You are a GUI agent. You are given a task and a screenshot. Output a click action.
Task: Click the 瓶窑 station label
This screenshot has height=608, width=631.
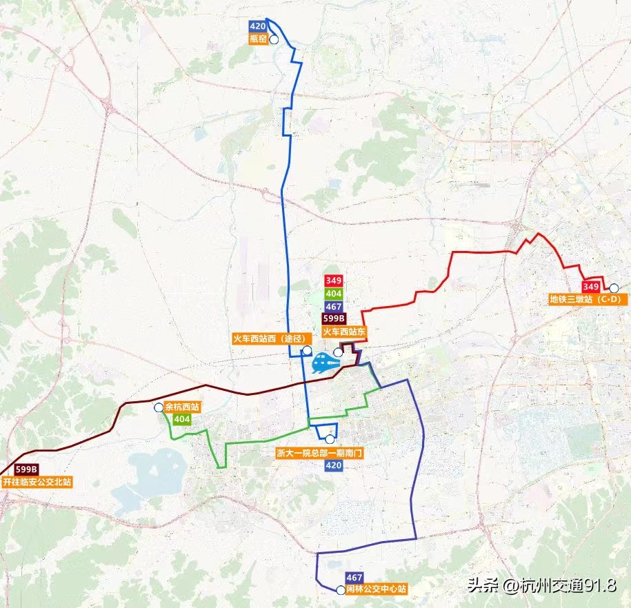[259, 40]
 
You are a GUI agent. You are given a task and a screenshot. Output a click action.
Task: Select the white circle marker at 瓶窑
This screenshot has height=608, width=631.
[274, 40]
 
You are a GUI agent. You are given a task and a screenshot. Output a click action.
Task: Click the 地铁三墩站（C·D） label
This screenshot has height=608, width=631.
[585, 299]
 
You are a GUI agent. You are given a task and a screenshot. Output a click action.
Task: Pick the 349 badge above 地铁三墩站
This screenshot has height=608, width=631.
[590, 287]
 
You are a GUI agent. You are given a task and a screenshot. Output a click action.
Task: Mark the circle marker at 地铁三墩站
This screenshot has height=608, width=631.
[613, 287]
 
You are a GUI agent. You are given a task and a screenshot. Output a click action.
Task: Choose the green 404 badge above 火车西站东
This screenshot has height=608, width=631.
[334, 294]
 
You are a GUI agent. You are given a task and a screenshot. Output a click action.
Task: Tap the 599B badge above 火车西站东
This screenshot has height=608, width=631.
[334, 318]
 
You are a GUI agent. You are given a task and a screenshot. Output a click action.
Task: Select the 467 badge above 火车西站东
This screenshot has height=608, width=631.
[334, 306]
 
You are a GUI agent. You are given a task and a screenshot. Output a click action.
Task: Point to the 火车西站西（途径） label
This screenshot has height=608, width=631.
[268, 338]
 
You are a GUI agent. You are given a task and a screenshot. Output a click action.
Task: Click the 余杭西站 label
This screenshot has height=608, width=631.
[182, 407]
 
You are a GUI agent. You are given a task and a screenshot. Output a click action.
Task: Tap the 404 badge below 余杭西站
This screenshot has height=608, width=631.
[182, 419]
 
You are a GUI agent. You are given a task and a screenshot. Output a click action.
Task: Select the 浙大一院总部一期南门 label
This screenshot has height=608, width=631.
[319, 454]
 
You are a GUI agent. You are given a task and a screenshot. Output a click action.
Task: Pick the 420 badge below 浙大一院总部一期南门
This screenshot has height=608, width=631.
[333, 466]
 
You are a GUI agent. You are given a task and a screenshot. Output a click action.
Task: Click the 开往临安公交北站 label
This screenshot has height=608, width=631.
[37, 483]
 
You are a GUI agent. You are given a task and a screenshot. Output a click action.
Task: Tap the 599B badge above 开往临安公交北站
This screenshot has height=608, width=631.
[26, 470]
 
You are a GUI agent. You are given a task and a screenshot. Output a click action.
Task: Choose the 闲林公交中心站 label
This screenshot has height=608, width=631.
[376, 590]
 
